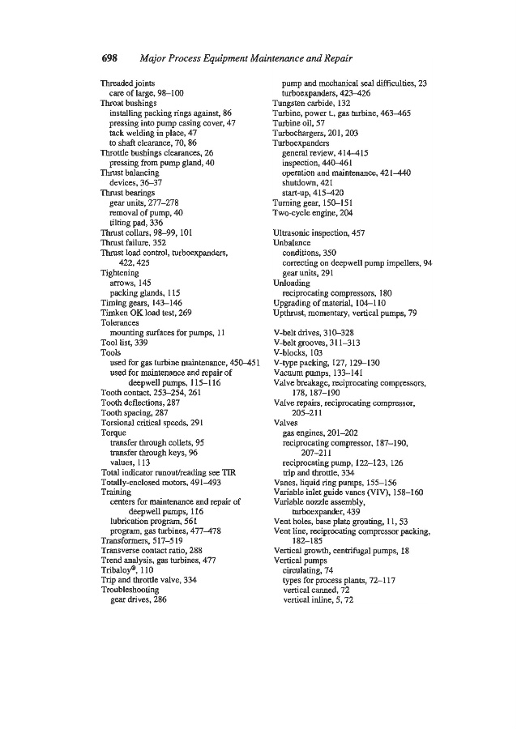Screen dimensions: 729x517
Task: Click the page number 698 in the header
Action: point(111,59)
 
